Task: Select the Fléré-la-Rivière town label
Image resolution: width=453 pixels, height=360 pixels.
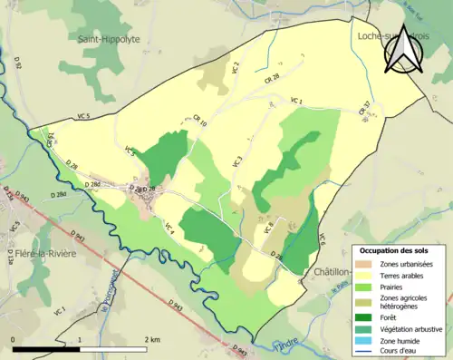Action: click(46, 253)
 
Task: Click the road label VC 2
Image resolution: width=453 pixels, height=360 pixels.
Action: click(236, 67)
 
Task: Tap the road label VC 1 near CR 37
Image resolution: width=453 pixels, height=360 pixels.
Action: click(295, 100)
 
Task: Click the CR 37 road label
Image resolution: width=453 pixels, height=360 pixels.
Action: click(364, 109)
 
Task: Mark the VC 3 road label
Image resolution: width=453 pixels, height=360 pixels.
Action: click(238, 161)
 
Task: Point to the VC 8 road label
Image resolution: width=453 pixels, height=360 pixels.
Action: click(268, 228)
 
